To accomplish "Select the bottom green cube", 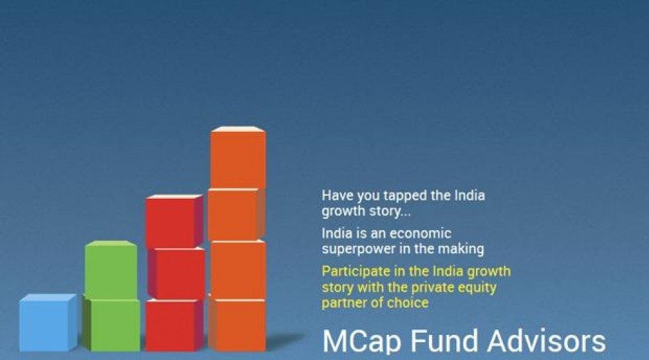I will coord(113,325).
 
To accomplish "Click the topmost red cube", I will coord(174,221).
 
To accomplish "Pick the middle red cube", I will coord(176,274).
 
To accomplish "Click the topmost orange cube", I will coord(238,157).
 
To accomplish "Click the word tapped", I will coord(398,196).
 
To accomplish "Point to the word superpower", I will coord(358,249).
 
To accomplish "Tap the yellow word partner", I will coord(343,303).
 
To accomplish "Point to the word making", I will coord(463,249).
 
